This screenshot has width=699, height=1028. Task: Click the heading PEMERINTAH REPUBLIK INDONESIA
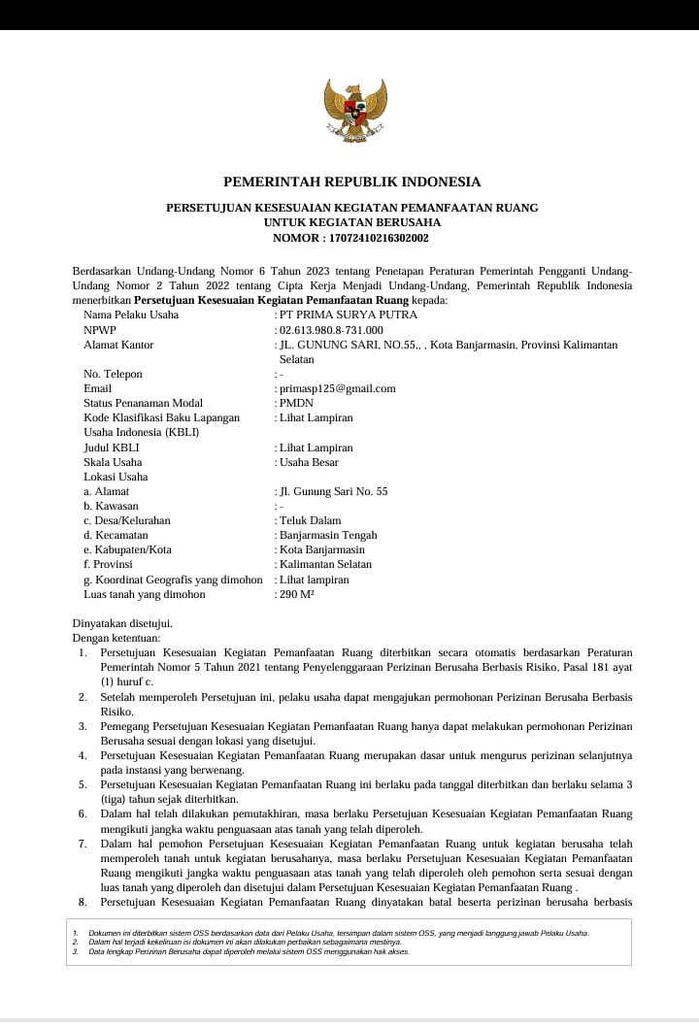tap(352, 182)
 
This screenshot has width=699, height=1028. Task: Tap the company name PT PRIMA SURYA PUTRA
tap(348, 315)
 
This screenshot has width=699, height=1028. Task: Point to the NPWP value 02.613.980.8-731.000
tap(330, 330)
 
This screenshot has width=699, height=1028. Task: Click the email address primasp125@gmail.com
tap(337, 388)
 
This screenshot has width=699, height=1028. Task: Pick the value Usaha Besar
tap(308, 462)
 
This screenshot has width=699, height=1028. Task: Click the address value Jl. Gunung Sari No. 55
tap(332, 491)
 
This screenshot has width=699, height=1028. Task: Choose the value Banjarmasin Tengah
tap(327, 535)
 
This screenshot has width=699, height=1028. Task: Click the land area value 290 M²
tap(296, 594)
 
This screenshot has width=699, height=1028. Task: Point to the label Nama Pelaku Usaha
tap(131, 315)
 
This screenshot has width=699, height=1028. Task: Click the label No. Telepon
tap(113, 374)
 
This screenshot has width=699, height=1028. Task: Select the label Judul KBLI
tap(112, 448)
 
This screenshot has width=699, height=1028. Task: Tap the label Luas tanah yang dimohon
tap(145, 594)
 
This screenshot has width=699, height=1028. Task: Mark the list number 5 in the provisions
tap(83, 784)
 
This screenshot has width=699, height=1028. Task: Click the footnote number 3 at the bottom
tap(76, 951)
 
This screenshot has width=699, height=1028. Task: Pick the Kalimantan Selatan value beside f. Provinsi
tap(324, 564)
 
